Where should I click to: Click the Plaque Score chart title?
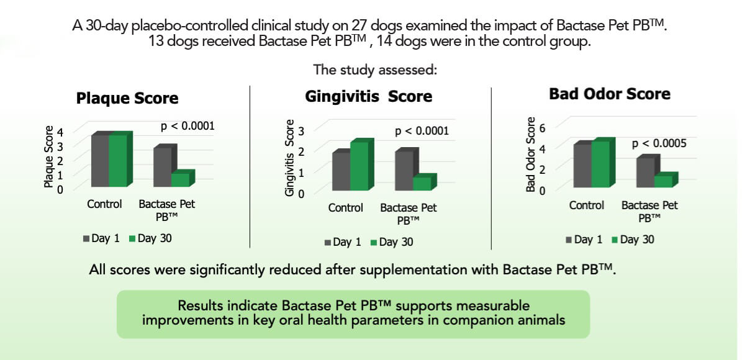click(x=127, y=98)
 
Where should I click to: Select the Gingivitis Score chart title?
click(x=368, y=97)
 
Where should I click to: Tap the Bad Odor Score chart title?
click(x=610, y=94)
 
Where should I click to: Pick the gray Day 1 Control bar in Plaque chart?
click(x=100, y=160)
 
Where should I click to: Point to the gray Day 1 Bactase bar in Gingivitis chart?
click(x=404, y=171)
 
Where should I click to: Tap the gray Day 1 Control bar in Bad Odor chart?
click(x=582, y=165)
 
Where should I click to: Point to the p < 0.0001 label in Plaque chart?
click(x=188, y=126)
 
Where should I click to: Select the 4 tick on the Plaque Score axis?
click(x=60, y=132)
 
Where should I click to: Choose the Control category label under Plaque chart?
click(x=104, y=204)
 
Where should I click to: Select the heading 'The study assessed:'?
click(x=375, y=69)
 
